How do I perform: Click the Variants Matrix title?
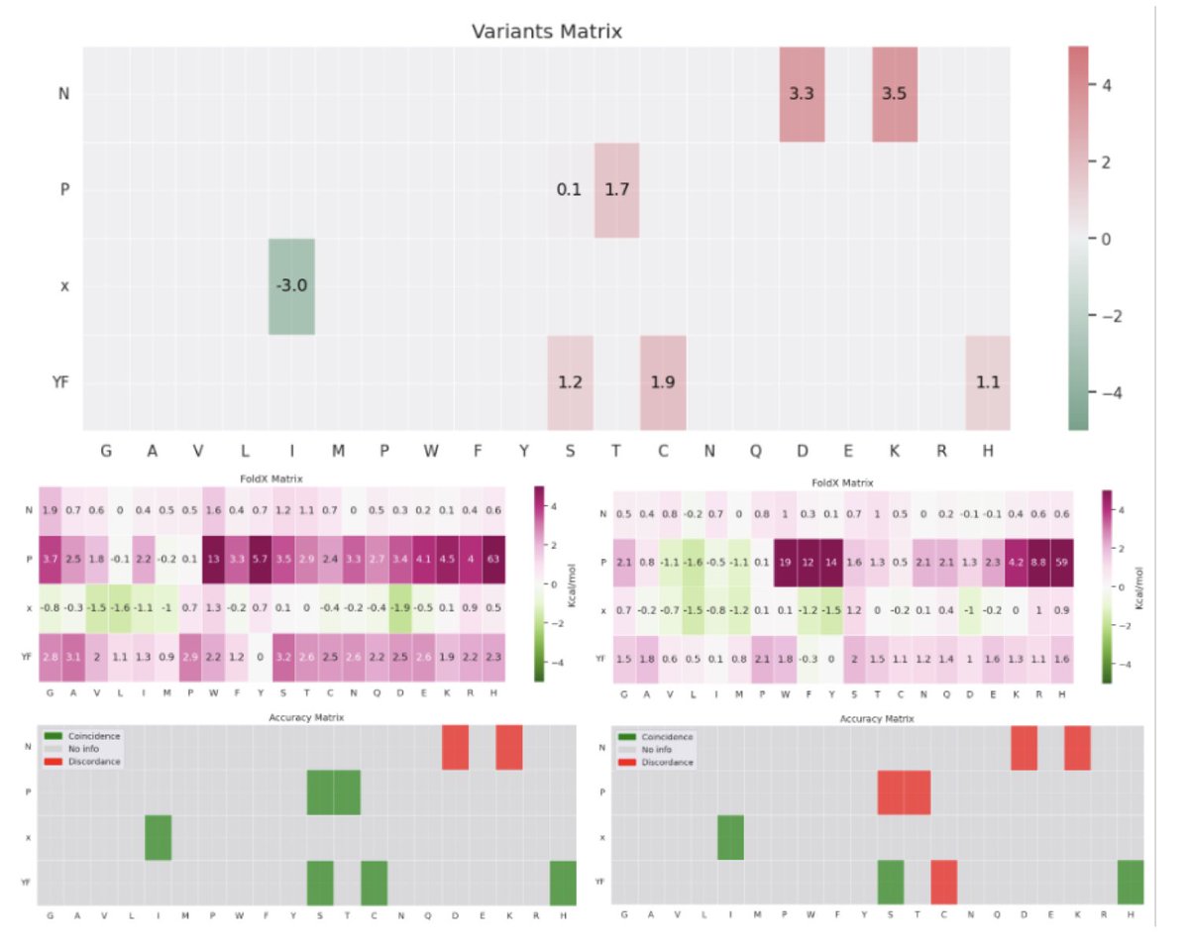[546, 32]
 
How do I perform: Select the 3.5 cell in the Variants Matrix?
[894, 94]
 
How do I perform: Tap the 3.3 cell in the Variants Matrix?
[802, 94]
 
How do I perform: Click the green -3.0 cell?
[291, 286]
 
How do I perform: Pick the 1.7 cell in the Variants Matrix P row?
[616, 190]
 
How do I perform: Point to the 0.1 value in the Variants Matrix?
[569, 190]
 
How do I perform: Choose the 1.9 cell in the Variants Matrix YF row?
[663, 382]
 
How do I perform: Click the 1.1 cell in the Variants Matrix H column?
[987, 382]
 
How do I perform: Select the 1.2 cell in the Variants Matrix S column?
[570, 382]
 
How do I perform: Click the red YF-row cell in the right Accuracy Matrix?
[943, 882]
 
